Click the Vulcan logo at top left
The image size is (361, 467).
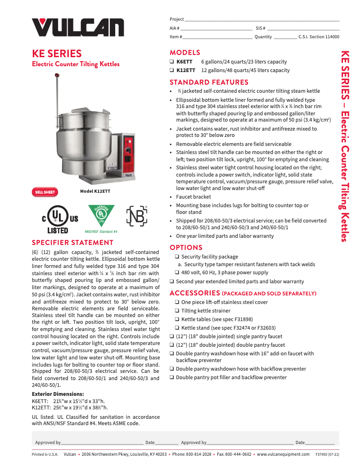(x=77, y=27)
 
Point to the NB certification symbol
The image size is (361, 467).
(x=136, y=216)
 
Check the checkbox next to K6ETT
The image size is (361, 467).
(x=172, y=62)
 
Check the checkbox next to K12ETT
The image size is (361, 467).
(x=172, y=70)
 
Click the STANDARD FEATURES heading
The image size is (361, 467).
(x=209, y=82)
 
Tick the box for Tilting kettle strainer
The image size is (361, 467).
(x=177, y=311)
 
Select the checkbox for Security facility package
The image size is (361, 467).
(x=177, y=257)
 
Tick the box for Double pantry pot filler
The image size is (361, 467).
(x=172, y=377)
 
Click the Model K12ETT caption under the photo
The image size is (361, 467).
(x=95, y=191)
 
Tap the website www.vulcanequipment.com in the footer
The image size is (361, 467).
(x=283, y=454)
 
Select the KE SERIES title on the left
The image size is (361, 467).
(x=57, y=54)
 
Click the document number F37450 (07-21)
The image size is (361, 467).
(x=327, y=454)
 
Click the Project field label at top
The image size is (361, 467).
(x=176, y=19)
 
